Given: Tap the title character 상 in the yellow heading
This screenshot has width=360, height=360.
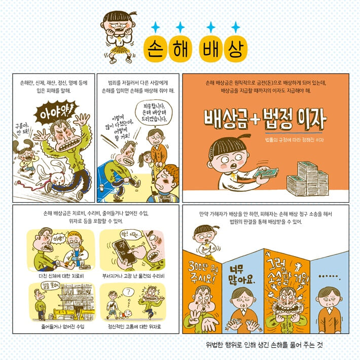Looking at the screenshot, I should tap(234, 49).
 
